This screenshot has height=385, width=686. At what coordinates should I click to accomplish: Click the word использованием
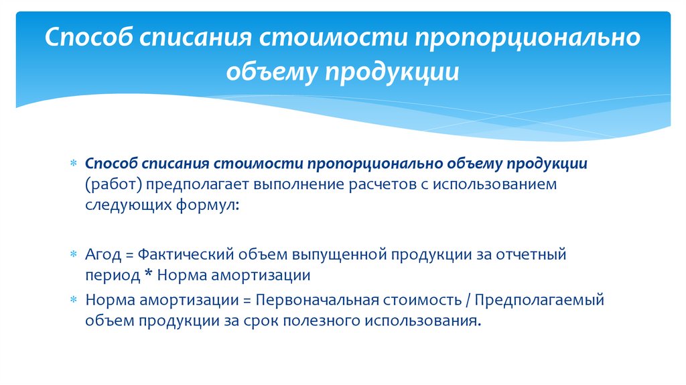[x=495, y=184]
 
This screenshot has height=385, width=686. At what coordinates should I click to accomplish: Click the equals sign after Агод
[x=129, y=255]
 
